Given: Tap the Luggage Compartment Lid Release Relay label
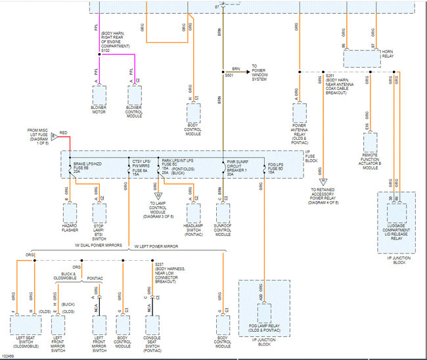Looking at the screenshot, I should tap(396, 231).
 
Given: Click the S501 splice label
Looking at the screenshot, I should tap(229, 75).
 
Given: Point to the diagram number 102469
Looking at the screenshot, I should tap(10, 356).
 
